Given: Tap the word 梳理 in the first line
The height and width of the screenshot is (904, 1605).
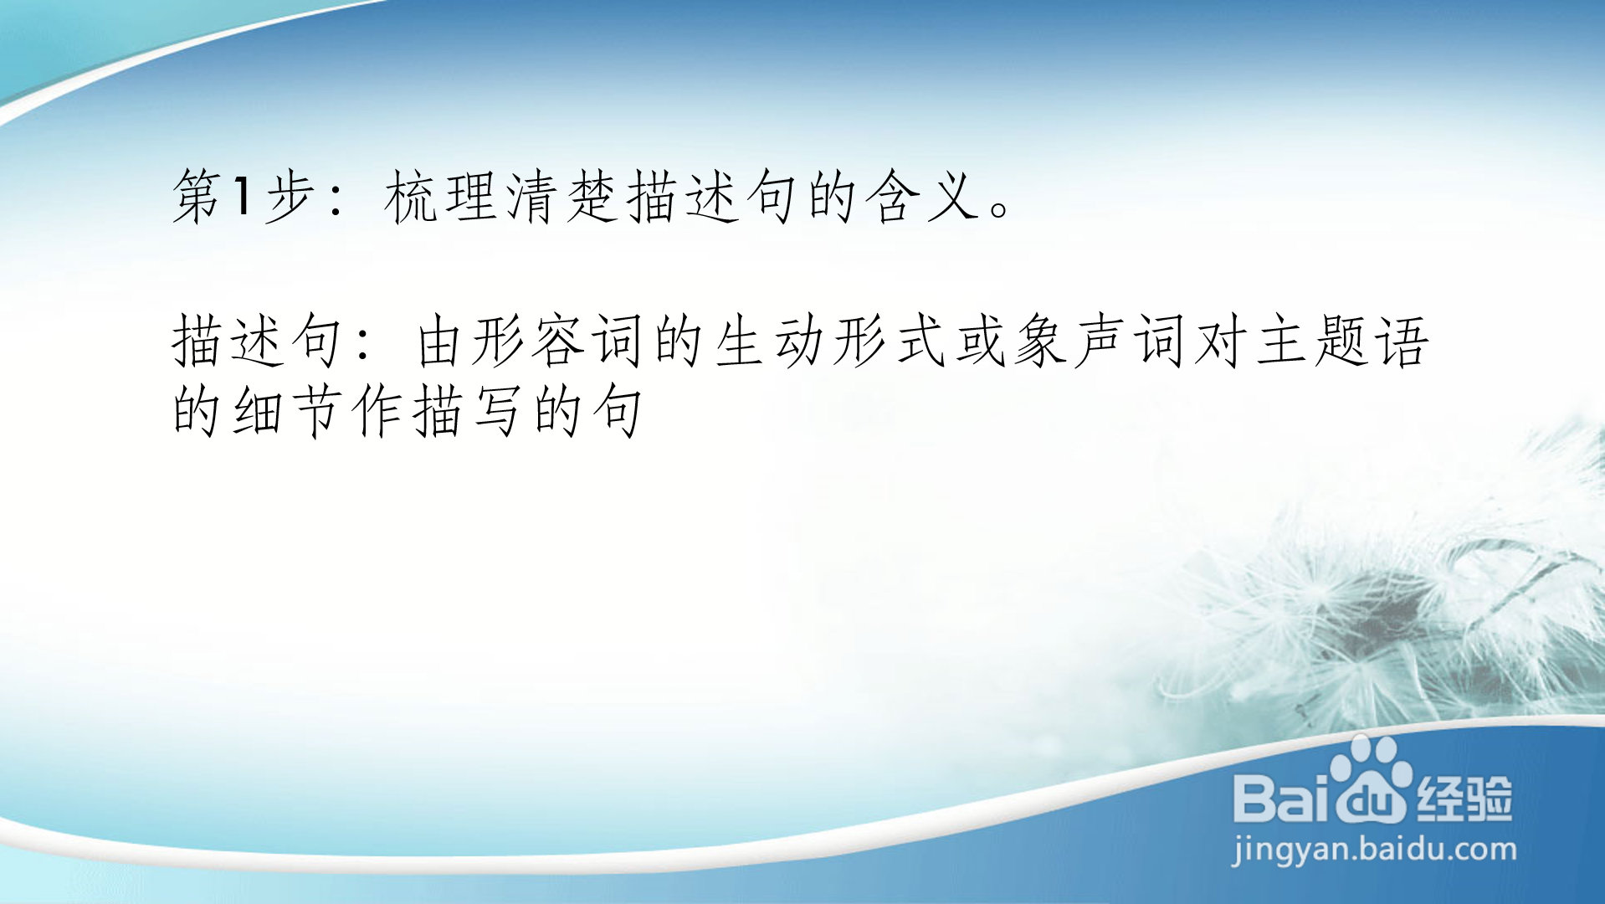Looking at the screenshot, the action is (x=443, y=198).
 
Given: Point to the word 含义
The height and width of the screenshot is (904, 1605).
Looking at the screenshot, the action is (x=925, y=198).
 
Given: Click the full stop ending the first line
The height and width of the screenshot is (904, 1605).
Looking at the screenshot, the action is (x=1000, y=208).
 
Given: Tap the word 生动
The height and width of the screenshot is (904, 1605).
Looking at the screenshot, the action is (x=769, y=342).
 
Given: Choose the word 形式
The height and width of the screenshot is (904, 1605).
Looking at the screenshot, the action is (x=889, y=342).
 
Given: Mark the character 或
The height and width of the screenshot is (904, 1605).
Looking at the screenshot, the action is (x=980, y=342).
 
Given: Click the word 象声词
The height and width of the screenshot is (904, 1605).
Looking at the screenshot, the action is (x=1100, y=342).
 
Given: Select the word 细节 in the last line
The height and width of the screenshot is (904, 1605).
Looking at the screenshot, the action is (x=289, y=411).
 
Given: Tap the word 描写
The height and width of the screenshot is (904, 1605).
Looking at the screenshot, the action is (x=468, y=411).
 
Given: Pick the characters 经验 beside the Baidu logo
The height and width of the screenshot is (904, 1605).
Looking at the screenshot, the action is (x=1464, y=798).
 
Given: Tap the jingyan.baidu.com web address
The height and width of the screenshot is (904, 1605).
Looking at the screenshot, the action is (x=1374, y=850).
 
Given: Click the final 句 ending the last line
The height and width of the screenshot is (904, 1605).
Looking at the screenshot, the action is (x=617, y=411).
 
